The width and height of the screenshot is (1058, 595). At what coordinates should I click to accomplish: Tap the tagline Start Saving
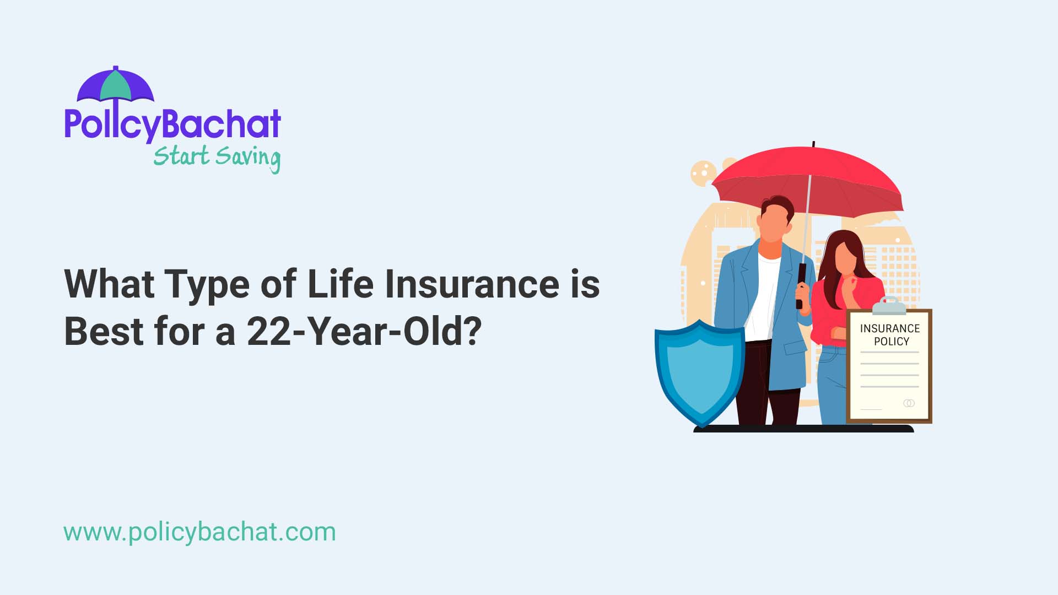[x=217, y=157]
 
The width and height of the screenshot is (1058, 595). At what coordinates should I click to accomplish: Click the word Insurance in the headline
[x=472, y=284]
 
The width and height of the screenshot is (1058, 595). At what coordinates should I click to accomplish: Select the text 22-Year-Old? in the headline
[x=364, y=332]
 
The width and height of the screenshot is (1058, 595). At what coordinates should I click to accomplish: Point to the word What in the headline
[x=109, y=284]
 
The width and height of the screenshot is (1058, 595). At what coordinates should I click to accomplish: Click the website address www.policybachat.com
[x=199, y=532]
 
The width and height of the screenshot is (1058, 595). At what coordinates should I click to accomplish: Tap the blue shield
[x=699, y=372]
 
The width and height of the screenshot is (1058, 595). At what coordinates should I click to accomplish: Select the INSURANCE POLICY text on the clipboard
[x=890, y=334]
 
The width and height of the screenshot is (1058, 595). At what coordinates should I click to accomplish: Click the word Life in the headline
[x=340, y=284]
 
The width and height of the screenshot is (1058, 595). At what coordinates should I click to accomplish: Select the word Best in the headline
[x=104, y=332]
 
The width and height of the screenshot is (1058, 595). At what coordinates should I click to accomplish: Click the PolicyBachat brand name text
[x=172, y=124]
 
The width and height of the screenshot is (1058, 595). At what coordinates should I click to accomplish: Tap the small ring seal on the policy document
[x=909, y=403]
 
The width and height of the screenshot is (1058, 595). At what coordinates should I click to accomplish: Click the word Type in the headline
[x=207, y=285]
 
